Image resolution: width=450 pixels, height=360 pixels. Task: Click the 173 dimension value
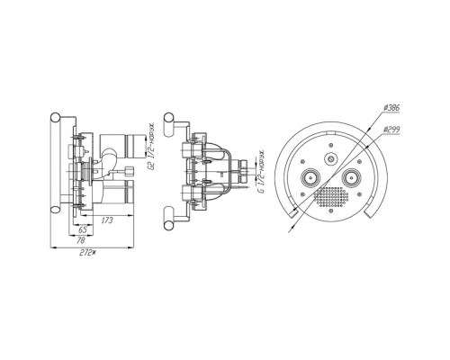click(x=107, y=220)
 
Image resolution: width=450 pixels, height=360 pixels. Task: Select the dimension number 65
click(x=83, y=229)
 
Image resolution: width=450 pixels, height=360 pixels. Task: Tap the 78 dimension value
click(x=81, y=240)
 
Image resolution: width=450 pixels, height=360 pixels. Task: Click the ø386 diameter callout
click(x=391, y=108)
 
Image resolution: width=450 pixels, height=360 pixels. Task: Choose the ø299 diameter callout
click(x=391, y=130)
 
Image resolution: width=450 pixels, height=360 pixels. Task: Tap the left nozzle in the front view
click(x=310, y=178)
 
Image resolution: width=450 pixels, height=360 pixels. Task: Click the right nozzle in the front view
click(x=350, y=178)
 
